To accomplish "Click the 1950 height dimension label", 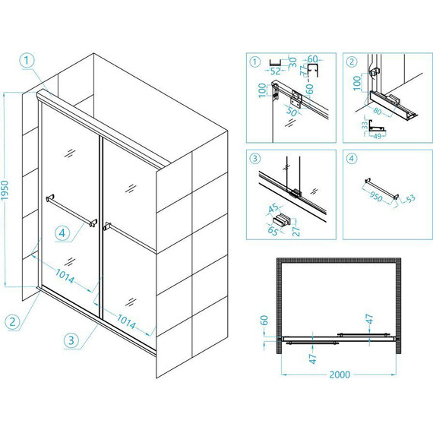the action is pyautogui.click(x=5, y=190).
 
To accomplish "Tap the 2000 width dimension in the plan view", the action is pyautogui.click(x=340, y=375).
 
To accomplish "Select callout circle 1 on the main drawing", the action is pyautogui.click(x=27, y=61).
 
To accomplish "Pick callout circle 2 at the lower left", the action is pyautogui.click(x=12, y=322).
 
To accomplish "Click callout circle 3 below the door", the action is pyautogui.click(x=71, y=340).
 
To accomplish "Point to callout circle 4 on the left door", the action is pyautogui.click(x=62, y=233).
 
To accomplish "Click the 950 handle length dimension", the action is pyautogui.click(x=376, y=197).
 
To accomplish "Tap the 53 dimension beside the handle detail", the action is pyautogui.click(x=411, y=198).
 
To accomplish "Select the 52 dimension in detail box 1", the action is pyautogui.click(x=275, y=71).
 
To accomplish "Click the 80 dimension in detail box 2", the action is pyautogui.click(x=378, y=111).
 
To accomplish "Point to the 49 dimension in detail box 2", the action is pyautogui.click(x=377, y=136).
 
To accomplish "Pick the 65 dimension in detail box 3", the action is pyautogui.click(x=273, y=230).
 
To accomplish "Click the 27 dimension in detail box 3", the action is pyautogui.click(x=296, y=231).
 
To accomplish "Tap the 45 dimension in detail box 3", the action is pyautogui.click(x=273, y=208).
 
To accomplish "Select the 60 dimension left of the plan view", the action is pyautogui.click(x=264, y=320).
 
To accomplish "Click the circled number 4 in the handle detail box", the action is pyautogui.click(x=351, y=159).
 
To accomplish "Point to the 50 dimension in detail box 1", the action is pyautogui.click(x=292, y=112).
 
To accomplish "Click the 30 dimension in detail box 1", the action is pyautogui.click(x=293, y=62).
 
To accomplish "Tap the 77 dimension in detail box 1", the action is pyautogui.click(x=304, y=70).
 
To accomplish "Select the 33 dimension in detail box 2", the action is pyautogui.click(x=365, y=125).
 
